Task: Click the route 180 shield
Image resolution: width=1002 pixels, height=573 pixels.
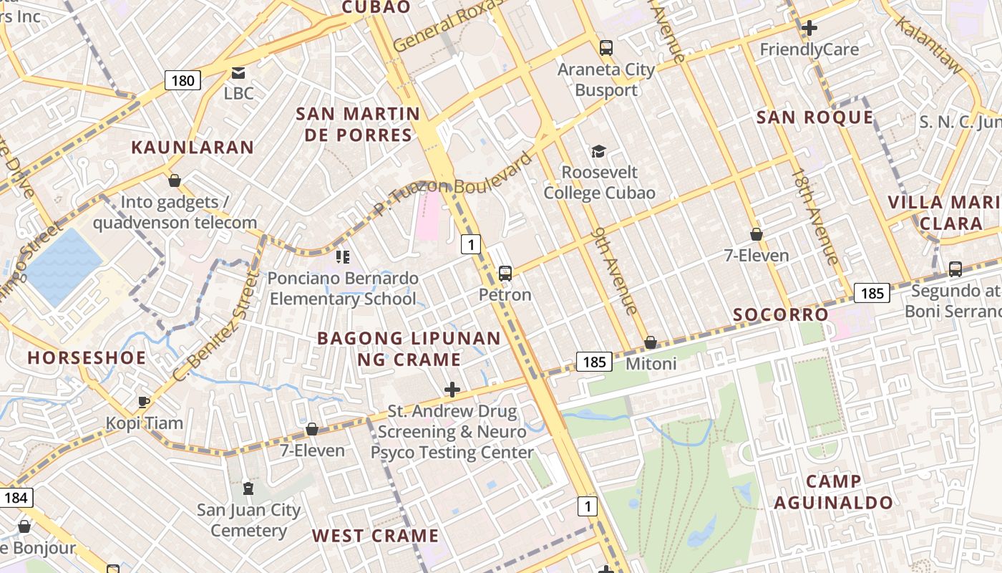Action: tap(183, 80)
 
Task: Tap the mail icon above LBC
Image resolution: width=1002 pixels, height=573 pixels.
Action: tap(238, 72)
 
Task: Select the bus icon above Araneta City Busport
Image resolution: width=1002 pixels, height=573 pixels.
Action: tap(606, 48)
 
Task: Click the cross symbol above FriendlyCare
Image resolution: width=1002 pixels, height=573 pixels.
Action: tap(809, 28)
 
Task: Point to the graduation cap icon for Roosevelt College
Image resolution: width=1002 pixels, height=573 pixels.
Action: tap(598, 151)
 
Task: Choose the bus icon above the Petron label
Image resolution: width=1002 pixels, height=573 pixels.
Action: tap(505, 273)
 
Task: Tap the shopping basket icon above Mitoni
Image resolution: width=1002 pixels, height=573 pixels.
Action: tap(651, 343)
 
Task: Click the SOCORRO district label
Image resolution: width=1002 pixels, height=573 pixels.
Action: tap(781, 314)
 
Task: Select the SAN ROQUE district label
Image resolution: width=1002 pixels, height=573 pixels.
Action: tap(815, 117)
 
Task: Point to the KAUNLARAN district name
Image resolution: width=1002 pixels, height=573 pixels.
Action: tap(193, 148)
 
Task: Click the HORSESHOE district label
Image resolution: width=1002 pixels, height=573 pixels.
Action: tap(87, 357)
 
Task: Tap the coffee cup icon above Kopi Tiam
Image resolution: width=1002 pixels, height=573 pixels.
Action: tap(144, 402)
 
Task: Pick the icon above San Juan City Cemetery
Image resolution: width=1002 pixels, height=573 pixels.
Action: tap(248, 488)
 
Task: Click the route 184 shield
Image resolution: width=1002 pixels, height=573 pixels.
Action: tap(16, 497)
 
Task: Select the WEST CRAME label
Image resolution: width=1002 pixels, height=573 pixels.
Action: tap(375, 536)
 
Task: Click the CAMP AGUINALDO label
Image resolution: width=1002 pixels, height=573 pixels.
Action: tap(833, 492)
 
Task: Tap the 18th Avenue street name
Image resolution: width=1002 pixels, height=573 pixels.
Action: tap(814, 216)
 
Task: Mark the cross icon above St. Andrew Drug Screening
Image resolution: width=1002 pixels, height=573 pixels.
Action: tap(452, 390)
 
